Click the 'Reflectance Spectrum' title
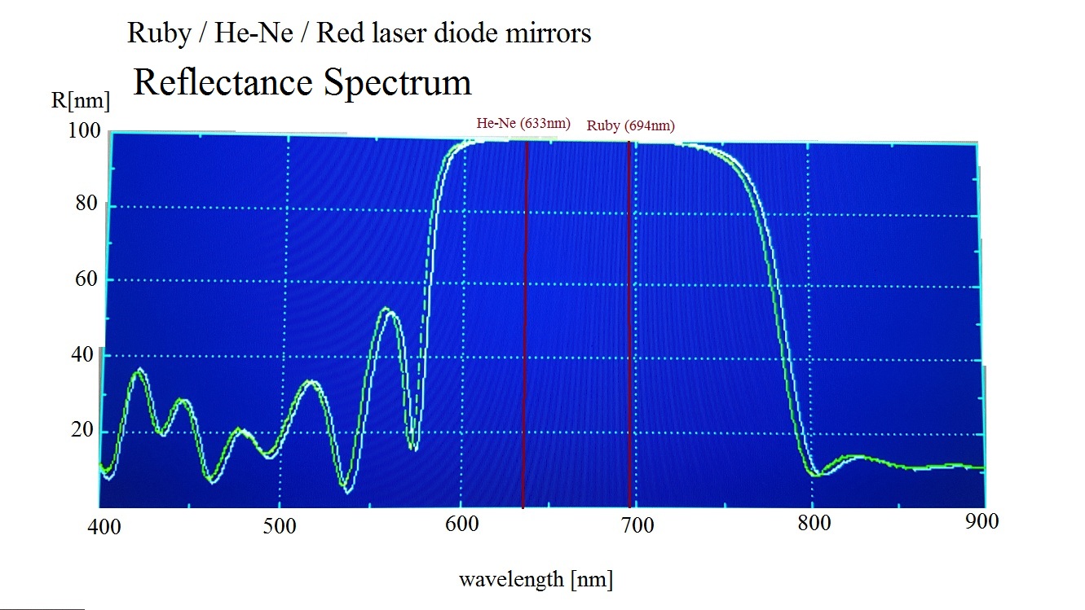302,83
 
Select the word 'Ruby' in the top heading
152,33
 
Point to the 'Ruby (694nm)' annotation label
630,125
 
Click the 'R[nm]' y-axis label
80,101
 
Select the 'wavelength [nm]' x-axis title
536,579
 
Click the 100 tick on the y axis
85,130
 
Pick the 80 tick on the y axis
86,204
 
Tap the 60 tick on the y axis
86,279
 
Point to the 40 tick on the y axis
86,355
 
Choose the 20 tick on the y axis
84,430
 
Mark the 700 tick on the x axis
637,525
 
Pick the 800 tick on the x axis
814,523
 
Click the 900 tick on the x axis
981,521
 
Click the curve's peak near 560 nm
386,309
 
